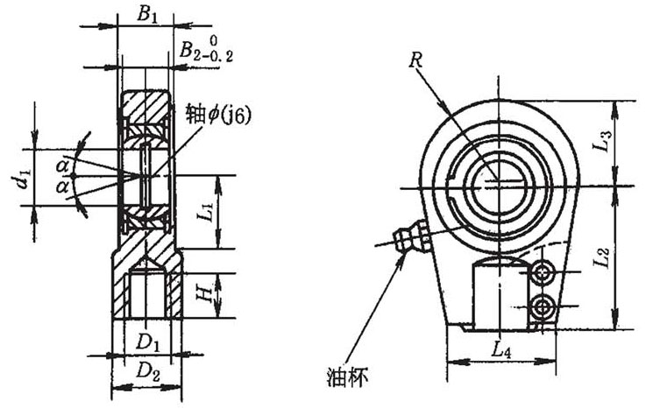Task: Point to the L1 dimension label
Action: [x=206, y=212]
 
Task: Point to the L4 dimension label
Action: [x=501, y=350]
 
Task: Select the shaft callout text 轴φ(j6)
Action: [x=218, y=115]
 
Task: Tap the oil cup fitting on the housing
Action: [x=410, y=238]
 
